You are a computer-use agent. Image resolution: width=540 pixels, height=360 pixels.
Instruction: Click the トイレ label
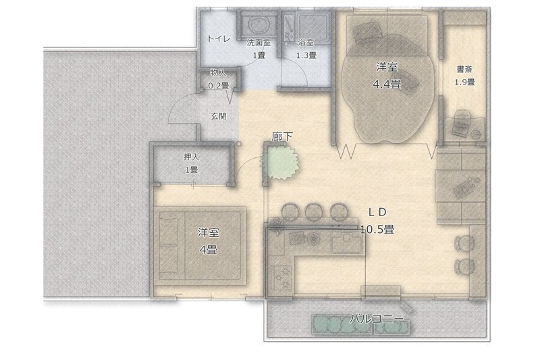pyautogui.click(x=219, y=38)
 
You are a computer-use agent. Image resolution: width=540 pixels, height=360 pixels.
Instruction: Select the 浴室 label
pyautogui.click(x=306, y=43)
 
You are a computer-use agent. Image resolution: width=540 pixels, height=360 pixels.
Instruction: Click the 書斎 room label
pyautogui.click(x=464, y=70)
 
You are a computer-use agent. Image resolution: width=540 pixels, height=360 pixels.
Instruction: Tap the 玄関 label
pyautogui.click(x=218, y=116)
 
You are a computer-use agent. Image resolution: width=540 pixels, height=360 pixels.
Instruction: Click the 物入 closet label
pyautogui.click(x=218, y=73)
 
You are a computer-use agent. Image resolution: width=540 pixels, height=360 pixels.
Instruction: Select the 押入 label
pyautogui.click(x=192, y=157)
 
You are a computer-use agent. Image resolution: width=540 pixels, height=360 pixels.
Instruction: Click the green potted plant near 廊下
pyautogui.click(x=279, y=161)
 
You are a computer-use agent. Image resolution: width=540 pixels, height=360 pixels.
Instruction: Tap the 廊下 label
pyautogui.click(x=282, y=136)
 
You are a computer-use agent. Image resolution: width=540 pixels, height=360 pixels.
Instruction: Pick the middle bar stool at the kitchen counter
pyautogui.click(x=313, y=211)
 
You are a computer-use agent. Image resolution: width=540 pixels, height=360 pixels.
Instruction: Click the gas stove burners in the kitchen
pyautogui.click(x=281, y=278)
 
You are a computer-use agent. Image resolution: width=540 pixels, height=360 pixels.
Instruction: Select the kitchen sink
pyautogui.click(x=346, y=242)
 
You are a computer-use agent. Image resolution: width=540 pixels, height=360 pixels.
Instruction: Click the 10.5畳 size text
pyautogui.click(x=377, y=229)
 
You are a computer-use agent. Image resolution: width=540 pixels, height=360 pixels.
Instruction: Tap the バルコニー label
pyautogui.click(x=377, y=319)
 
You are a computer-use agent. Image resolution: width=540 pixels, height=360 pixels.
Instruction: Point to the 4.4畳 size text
pyautogui.click(x=387, y=84)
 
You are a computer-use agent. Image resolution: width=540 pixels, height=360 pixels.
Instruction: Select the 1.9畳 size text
pyautogui.click(x=464, y=82)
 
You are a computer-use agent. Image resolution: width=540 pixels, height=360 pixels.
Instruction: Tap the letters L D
pyautogui.click(x=378, y=213)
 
